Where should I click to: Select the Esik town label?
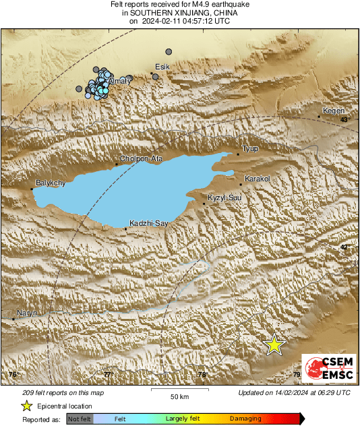click(162, 67)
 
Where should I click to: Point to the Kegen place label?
click(334, 111)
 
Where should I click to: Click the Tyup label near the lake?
click(250, 148)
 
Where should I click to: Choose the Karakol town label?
click(257, 179)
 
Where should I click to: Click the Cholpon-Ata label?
click(141, 159)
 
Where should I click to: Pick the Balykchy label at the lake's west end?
click(51, 183)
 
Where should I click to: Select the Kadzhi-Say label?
click(148, 222)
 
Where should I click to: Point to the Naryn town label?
click(27, 313)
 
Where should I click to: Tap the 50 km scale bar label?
click(179, 395)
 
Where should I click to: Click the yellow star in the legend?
click(26, 406)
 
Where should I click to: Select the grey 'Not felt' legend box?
click(79, 419)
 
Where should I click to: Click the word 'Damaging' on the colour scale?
click(245, 419)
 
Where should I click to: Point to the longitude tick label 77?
click(107, 374)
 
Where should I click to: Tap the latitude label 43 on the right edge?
click(344, 120)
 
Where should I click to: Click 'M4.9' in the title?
click(202, 5)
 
